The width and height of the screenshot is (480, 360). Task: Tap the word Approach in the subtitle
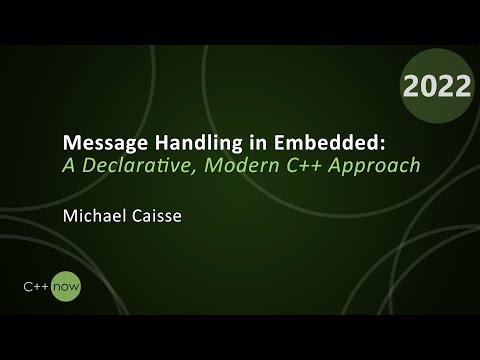(376, 164)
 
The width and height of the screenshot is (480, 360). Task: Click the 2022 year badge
(437, 87)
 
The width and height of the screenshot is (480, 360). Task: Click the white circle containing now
(70, 286)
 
